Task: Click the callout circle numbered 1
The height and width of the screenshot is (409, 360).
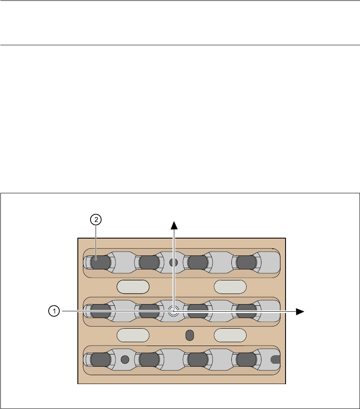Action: click(53, 311)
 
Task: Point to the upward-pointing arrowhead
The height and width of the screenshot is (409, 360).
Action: click(173, 224)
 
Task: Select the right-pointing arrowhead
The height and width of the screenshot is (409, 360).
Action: click(300, 311)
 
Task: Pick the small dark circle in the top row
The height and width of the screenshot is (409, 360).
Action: click(173, 263)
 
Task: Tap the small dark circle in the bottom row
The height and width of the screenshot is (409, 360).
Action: click(125, 360)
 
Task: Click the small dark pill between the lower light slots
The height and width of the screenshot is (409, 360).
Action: click(190, 335)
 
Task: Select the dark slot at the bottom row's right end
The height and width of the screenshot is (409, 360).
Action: click(275, 360)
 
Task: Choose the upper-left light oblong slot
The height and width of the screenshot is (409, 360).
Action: click(133, 286)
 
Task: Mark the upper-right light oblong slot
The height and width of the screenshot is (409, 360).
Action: click(230, 286)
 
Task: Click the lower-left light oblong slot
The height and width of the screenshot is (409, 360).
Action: click(133, 335)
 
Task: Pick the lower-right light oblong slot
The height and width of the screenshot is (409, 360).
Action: click(230, 335)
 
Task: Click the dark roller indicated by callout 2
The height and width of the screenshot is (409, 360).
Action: click(100, 263)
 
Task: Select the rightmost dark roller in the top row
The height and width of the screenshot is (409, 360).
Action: click(246, 263)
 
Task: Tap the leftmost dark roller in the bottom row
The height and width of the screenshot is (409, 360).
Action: click(100, 360)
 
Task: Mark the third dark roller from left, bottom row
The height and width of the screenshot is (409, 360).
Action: click(198, 360)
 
